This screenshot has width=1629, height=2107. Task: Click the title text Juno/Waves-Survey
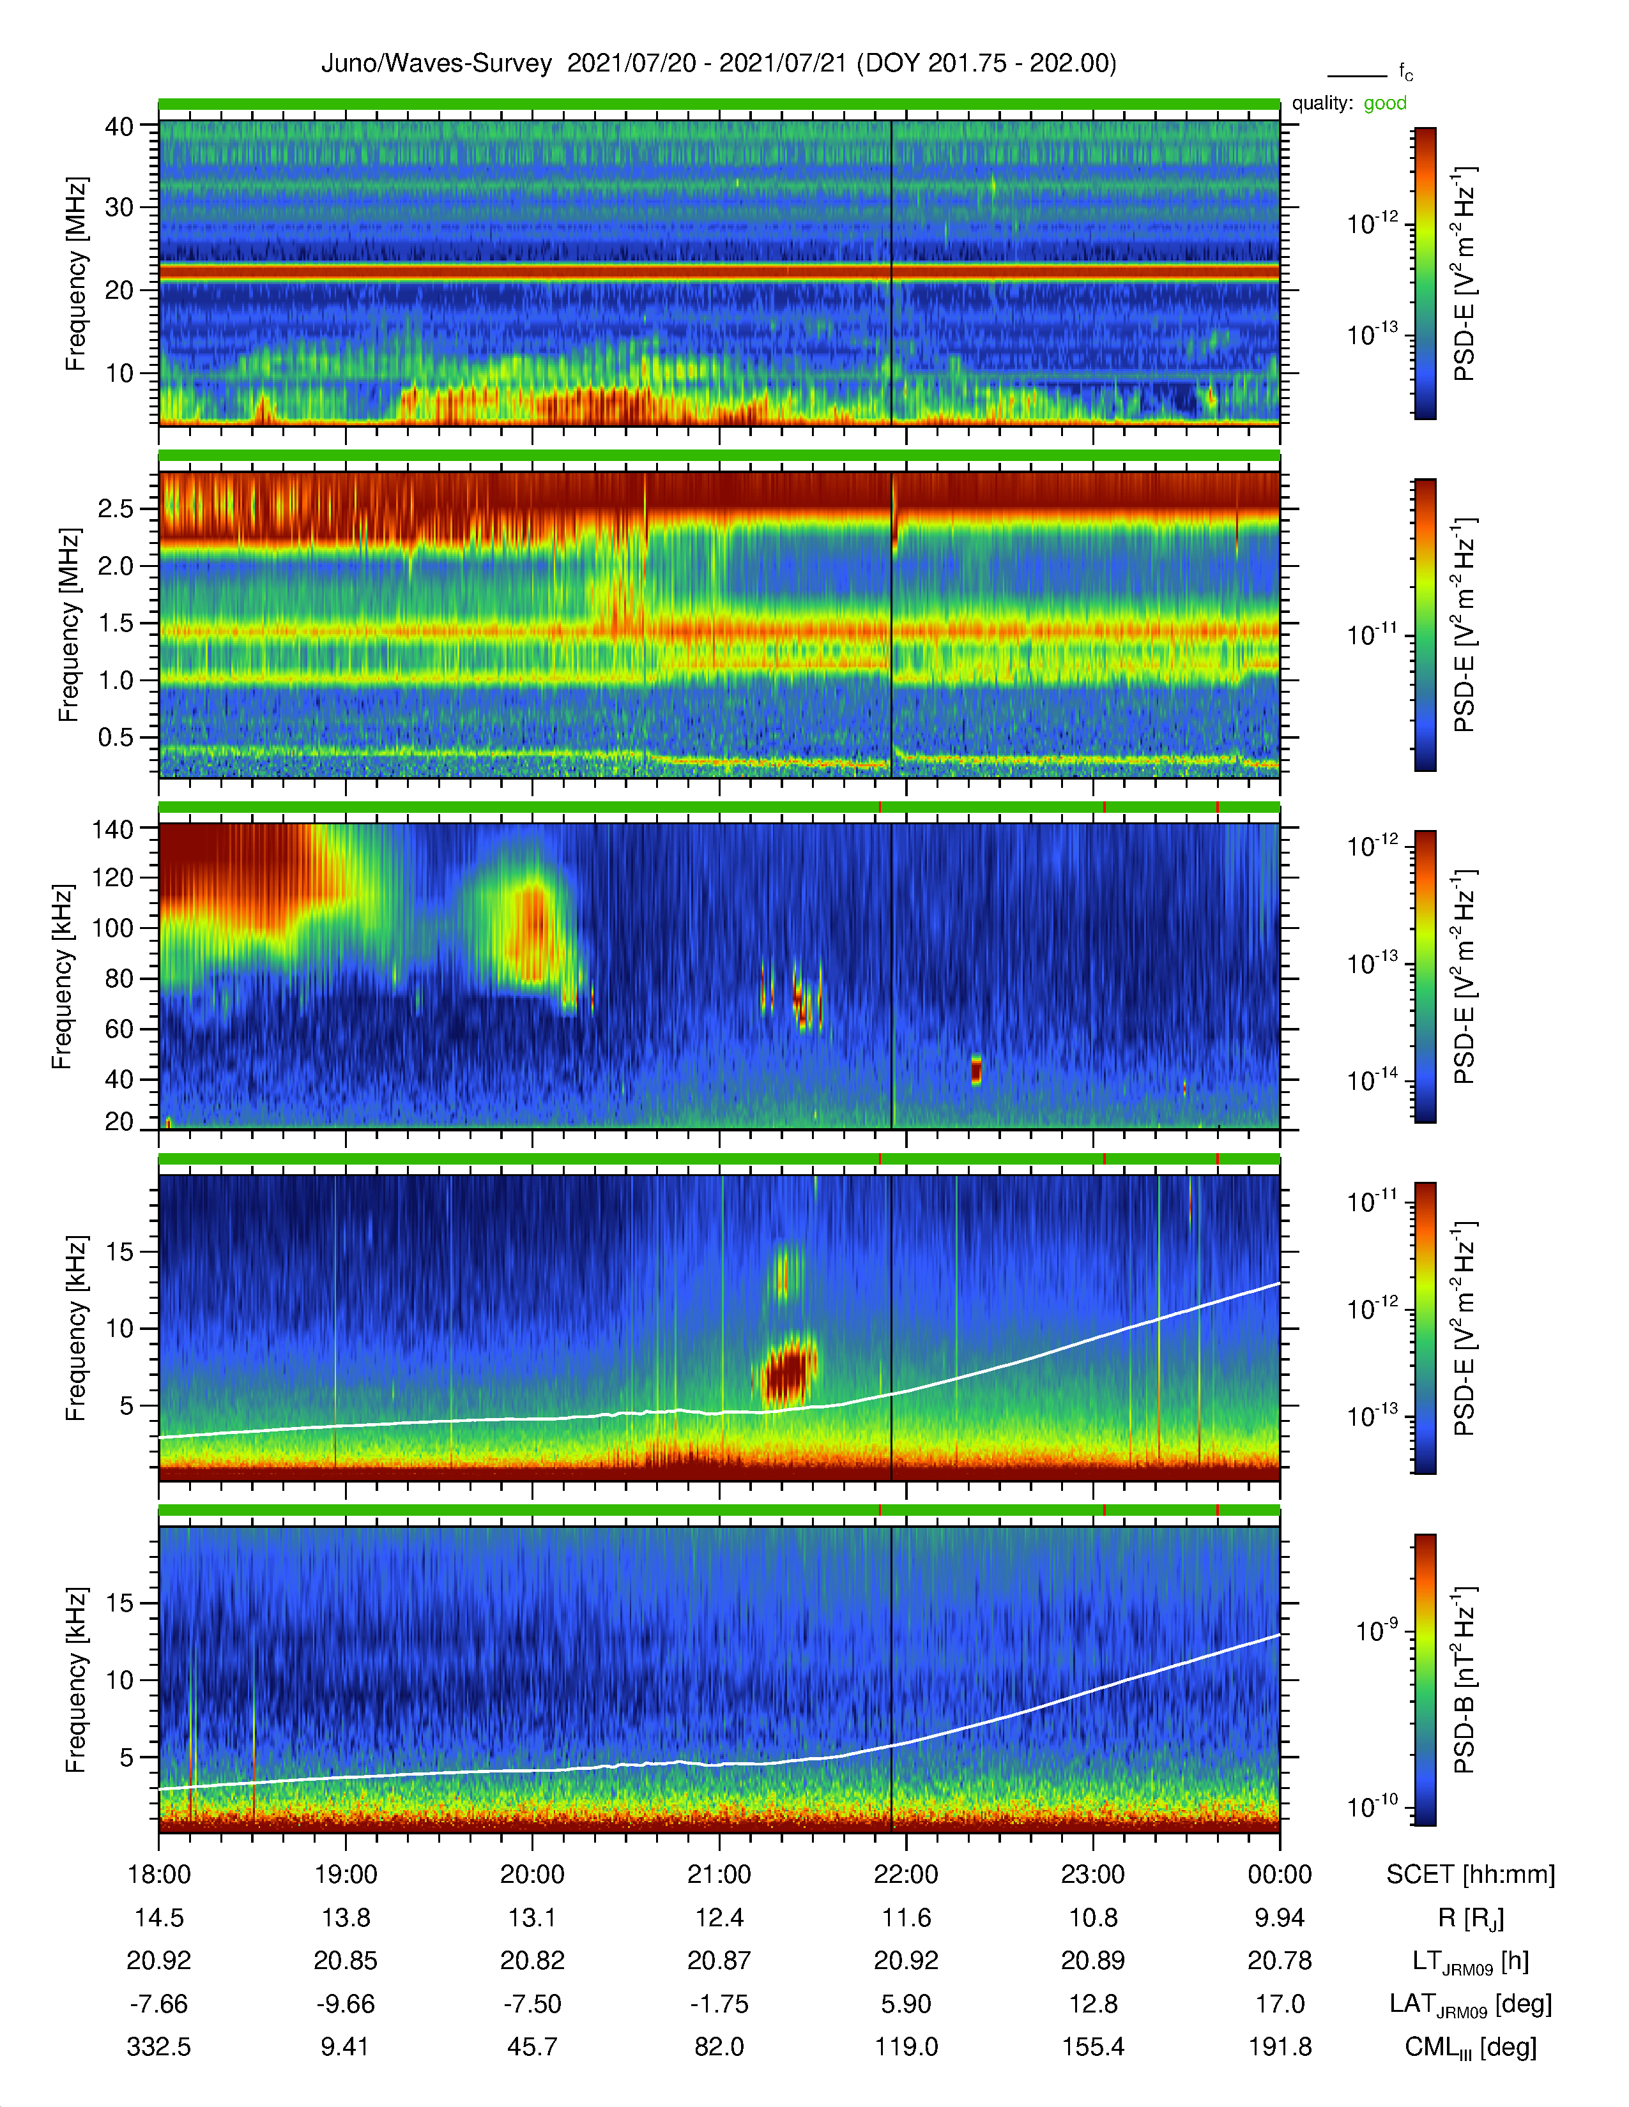tap(436, 64)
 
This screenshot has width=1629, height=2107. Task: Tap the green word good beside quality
tap(1385, 103)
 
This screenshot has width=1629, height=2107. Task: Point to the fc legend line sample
tap(1357, 75)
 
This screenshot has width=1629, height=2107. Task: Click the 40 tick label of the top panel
tap(119, 126)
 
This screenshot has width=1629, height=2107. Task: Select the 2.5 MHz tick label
tap(116, 508)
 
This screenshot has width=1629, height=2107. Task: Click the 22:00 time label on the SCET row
tap(905, 1873)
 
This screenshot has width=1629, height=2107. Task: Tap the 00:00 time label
tap(1280, 1873)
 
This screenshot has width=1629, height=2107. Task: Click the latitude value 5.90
tap(905, 2004)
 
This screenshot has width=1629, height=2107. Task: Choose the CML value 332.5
tap(159, 2046)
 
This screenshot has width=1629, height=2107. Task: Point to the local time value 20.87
tap(719, 1960)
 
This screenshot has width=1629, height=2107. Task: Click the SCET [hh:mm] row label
tap(1471, 1873)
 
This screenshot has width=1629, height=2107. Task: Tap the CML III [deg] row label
tap(1471, 2047)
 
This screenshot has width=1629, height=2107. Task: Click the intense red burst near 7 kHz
tap(788, 1371)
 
